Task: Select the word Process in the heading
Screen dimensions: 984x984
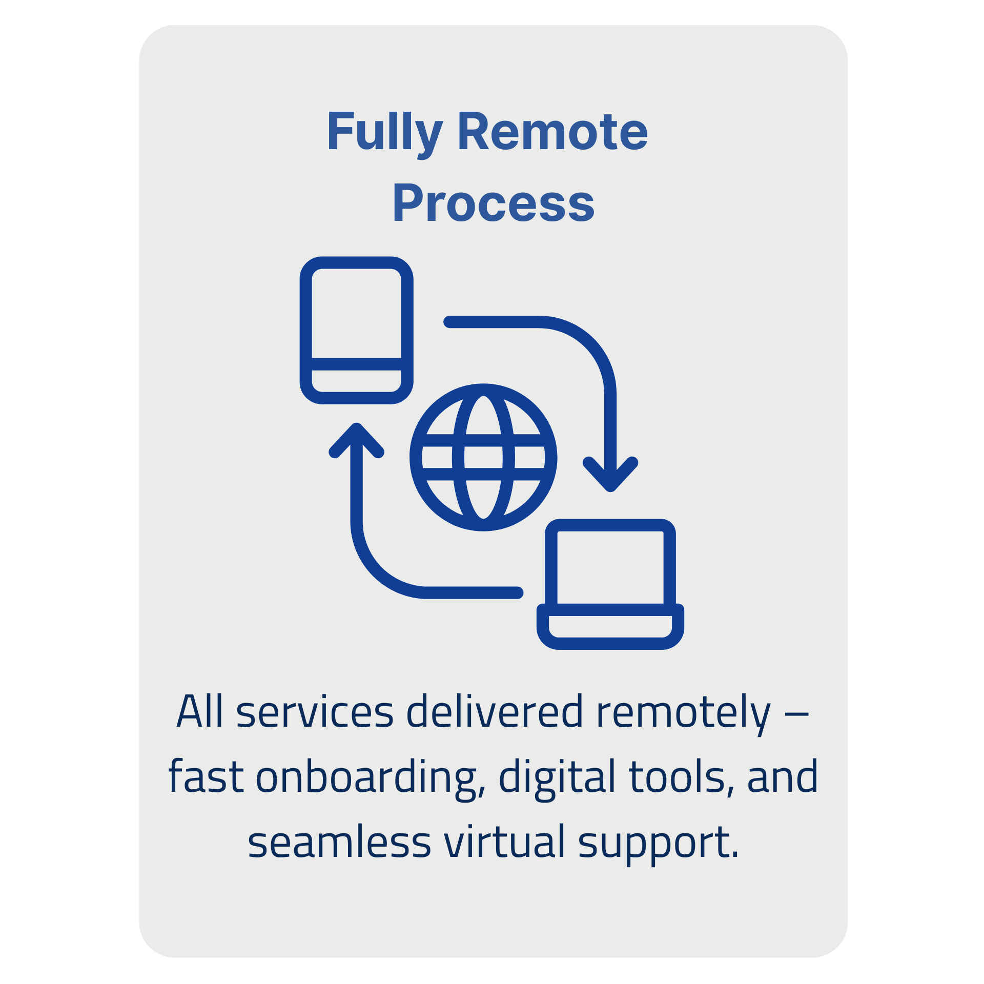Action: point(493,204)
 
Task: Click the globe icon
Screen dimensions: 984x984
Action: point(483,457)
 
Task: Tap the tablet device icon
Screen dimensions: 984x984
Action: point(357,330)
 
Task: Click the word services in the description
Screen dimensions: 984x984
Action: point(315,712)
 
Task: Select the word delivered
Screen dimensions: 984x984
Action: point(495,712)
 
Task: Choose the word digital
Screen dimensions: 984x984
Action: point(557,778)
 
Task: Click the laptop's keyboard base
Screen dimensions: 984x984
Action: point(610,626)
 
